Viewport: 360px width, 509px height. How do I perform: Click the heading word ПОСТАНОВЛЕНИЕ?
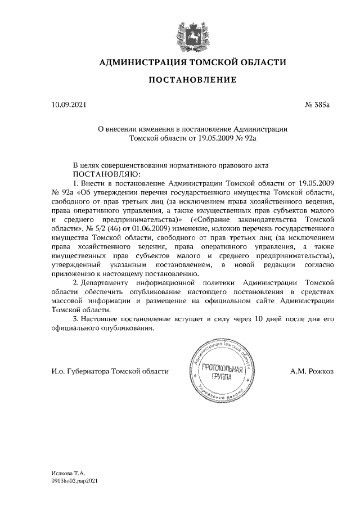(x=192, y=81)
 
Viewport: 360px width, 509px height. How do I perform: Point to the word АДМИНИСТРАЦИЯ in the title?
(x=139, y=62)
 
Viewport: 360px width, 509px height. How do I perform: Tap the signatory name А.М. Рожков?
(x=312, y=371)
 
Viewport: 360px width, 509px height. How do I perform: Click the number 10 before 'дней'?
(x=264, y=319)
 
